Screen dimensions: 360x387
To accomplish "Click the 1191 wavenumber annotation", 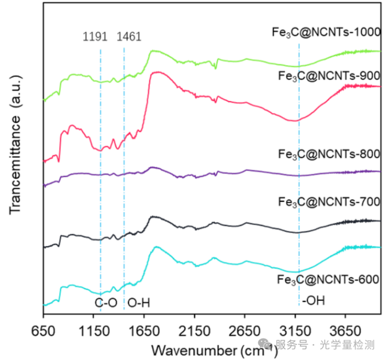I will point(95,37).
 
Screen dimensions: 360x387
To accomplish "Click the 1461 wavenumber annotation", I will point(129,37).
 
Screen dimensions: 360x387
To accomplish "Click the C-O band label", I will point(106,302).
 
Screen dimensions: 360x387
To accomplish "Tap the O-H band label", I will point(139,302).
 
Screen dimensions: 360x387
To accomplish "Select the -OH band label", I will point(312,301).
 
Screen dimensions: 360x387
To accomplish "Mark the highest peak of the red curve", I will point(159,72).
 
